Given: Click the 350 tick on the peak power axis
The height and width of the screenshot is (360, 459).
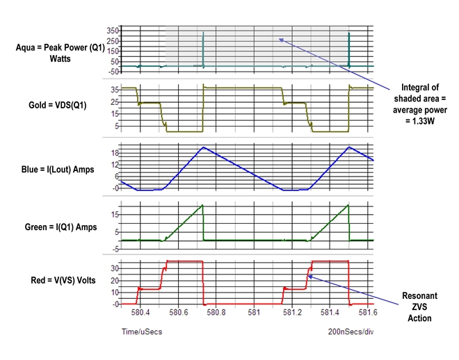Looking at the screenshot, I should (113, 32).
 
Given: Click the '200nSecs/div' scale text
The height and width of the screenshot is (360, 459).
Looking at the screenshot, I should (351, 332).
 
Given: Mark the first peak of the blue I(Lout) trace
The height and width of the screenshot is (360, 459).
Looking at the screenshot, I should (202, 147).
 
